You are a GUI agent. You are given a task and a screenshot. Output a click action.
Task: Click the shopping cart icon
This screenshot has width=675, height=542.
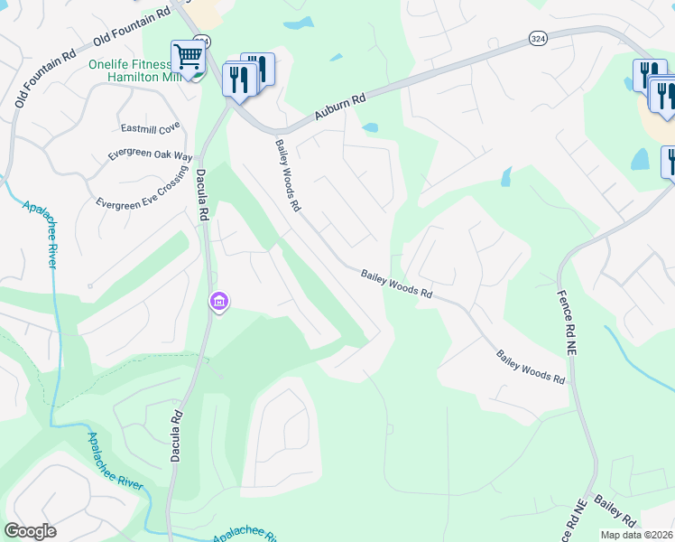click(x=188, y=57)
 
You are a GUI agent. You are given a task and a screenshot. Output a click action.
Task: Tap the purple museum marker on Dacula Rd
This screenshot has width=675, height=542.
click(x=218, y=302)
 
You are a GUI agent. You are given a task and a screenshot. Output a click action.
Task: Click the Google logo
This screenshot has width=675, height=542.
click(x=30, y=531)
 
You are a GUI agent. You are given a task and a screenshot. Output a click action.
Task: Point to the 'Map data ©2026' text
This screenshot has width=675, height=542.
click(x=636, y=535)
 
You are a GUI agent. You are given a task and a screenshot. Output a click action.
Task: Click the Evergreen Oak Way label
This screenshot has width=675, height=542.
click(x=151, y=155)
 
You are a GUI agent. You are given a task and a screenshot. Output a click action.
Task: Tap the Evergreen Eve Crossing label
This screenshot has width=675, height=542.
click(x=141, y=191)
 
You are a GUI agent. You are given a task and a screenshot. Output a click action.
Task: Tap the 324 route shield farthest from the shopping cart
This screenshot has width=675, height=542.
click(x=538, y=38)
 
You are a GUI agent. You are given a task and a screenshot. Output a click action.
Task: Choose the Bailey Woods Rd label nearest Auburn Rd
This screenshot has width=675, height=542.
click(x=287, y=174)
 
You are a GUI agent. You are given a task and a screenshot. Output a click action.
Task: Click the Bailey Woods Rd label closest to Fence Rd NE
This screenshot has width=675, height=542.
click(x=531, y=365)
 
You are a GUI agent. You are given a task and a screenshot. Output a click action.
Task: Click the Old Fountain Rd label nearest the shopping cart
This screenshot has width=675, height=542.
click(x=132, y=25)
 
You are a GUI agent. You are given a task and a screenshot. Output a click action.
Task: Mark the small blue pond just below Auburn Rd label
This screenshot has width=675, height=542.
click(x=369, y=127)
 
